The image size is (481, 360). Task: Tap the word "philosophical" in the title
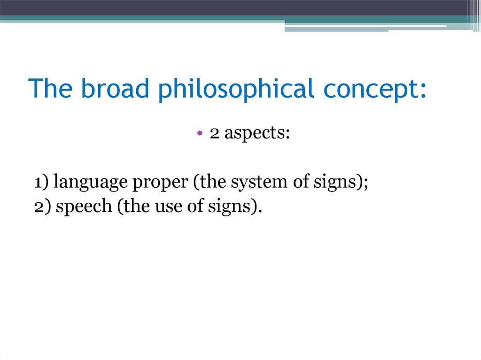point(236,89)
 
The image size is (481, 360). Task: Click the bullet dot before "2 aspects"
point(200,134)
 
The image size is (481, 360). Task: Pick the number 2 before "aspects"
point(215,133)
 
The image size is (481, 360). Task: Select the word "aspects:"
point(257,134)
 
